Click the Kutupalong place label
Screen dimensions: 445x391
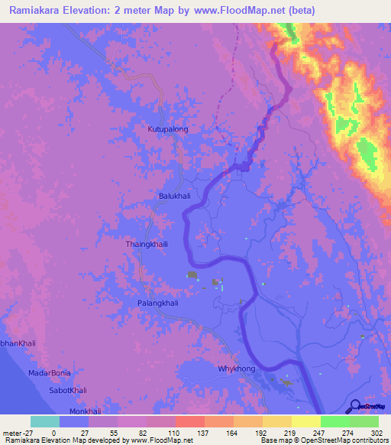[x=167, y=129]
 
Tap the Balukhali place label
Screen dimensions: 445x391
[x=173, y=196]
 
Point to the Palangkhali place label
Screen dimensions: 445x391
[x=157, y=303]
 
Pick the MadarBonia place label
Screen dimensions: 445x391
[x=50, y=372]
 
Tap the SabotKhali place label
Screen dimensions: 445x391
[x=68, y=390]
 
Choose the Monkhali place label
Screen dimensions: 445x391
[x=84, y=411]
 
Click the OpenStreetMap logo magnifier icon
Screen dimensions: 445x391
[x=356, y=406]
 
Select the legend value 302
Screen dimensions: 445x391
[x=377, y=432]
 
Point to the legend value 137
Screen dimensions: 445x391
[x=203, y=432]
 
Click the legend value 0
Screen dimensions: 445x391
[x=54, y=432]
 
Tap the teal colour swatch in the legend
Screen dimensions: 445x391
[x=45, y=421]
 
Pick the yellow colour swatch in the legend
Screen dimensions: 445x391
[x=305, y=421]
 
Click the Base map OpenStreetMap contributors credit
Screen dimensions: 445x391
[x=322, y=440]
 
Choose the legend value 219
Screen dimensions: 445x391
[x=290, y=432]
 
